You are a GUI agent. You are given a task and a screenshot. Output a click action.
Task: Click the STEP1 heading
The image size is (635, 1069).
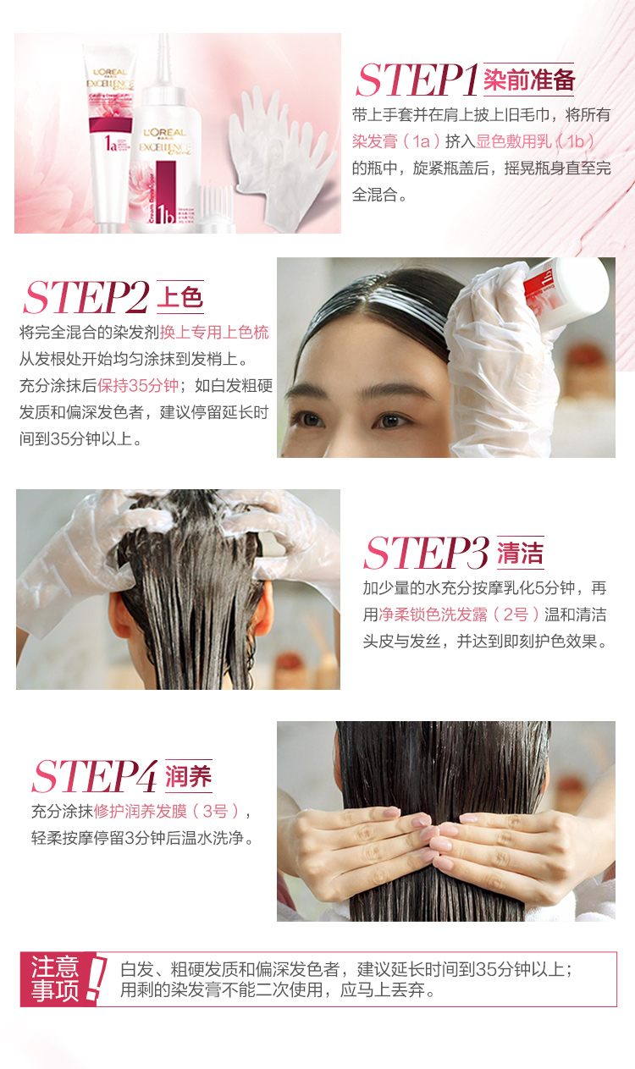point(417,80)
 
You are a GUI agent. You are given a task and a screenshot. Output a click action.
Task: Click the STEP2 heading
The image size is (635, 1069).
point(86,298)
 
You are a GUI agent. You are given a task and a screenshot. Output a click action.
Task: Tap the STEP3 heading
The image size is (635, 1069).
point(427,553)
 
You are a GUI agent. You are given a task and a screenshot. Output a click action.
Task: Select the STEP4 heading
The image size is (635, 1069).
point(95,776)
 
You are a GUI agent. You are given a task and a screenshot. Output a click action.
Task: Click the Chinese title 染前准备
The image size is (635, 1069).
point(529,80)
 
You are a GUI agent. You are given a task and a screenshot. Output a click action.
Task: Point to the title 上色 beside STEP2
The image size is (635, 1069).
point(180,297)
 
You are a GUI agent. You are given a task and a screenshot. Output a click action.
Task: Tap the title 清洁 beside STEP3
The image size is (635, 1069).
point(521,553)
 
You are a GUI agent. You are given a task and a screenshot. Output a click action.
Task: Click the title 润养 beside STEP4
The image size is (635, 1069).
point(189,776)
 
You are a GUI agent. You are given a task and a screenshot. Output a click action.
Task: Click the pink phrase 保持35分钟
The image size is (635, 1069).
point(138,386)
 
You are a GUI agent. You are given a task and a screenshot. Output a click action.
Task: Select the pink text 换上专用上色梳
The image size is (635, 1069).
point(214,332)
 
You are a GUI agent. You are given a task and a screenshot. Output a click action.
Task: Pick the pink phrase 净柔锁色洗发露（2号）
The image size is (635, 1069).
point(458,614)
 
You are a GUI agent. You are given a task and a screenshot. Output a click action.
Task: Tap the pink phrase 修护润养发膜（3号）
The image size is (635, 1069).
point(168,811)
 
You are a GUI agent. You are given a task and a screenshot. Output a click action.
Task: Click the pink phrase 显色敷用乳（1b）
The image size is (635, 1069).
point(536,141)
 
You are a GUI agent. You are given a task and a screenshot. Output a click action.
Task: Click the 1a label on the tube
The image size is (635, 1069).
point(111,143)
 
